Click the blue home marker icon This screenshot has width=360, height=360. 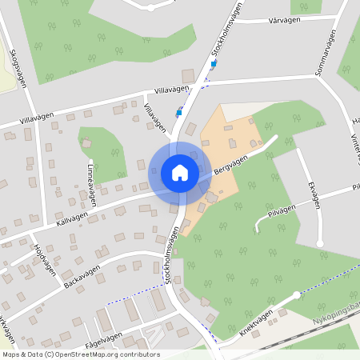click(x=179, y=172)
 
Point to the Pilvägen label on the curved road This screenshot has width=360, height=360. click(x=282, y=207)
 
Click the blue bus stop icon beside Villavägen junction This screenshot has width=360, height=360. click(x=179, y=113)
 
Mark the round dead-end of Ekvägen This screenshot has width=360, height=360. click(x=320, y=242)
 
